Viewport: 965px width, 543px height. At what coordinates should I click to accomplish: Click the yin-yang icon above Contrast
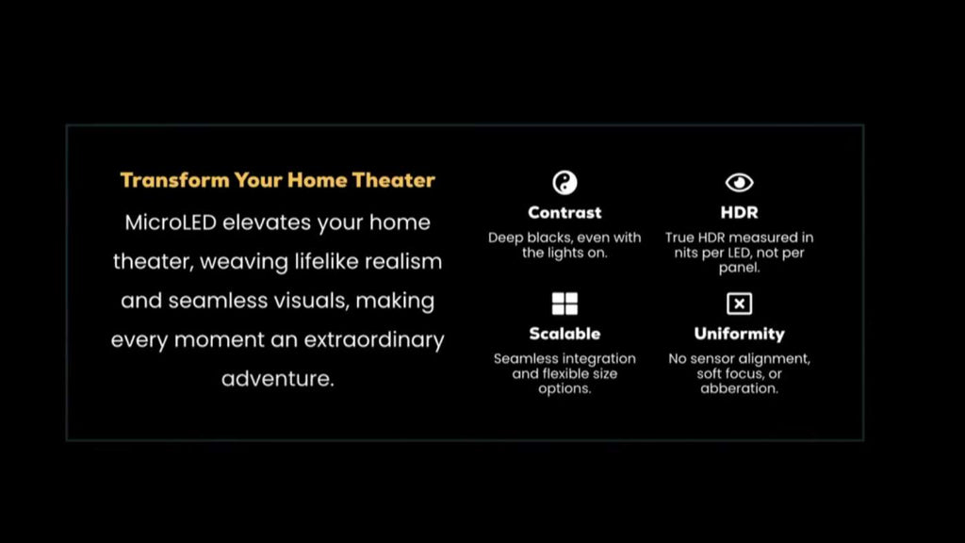pyautogui.click(x=564, y=182)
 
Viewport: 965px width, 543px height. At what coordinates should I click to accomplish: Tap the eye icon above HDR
pyautogui.click(x=739, y=182)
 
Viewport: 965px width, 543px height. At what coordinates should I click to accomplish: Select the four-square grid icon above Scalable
pyautogui.click(x=564, y=304)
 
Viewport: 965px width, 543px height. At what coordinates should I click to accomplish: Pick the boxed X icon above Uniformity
pyautogui.click(x=739, y=304)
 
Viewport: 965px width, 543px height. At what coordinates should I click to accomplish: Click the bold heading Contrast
pyautogui.click(x=564, y=212)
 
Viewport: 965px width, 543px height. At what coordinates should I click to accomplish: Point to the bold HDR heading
pyautogui.click(x=739, y=212)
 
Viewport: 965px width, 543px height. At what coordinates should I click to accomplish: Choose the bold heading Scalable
pyautogui.click(x=564, y=334)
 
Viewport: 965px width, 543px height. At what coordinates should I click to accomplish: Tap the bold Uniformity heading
pyautogui.click(x=739, y=334)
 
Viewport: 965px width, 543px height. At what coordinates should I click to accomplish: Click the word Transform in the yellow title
pyautogui.click(x=174, y=180)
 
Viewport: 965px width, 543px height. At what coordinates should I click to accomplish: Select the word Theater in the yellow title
pyautogui.click(x=394, y=180)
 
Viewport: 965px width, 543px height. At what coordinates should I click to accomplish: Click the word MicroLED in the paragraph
pyautogui.click(x=171, y=222)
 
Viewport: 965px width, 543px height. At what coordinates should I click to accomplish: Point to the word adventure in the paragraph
pyautogui.click(x=278, y=379)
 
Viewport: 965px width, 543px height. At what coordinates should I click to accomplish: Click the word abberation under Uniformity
pyautogui.click(x=739, y=388)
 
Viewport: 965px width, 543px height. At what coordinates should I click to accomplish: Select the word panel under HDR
pyautogui.click(x=739, y=268)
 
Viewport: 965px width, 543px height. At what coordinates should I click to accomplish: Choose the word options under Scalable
pyautogui.click(x=564, y=389)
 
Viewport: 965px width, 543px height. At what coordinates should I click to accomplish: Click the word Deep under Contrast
pyautogui.click(x=505, y=239)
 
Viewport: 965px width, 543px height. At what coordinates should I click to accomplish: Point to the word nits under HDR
pyautogui.click(x=686, y=253)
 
